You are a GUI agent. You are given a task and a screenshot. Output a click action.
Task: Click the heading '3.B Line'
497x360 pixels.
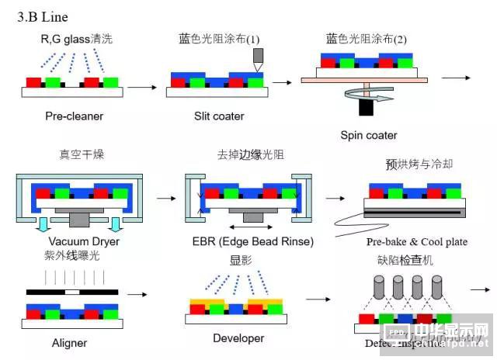pyautogui.click(x=45, y=16)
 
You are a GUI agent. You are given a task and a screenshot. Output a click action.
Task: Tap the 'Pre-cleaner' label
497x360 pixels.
pyautogui.click(x=74, y=116)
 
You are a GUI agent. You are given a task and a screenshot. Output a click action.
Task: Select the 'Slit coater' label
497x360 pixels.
pyautogui.click(x=219, y=116)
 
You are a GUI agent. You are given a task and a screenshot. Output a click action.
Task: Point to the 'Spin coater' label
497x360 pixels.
pyautogui.click(x=369, y=135)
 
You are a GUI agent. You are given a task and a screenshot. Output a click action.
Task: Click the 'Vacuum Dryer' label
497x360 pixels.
pyautogui.click(x=68, y=241)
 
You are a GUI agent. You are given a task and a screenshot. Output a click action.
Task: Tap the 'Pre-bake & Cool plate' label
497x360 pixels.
pyautogui.click(x=417, y=241)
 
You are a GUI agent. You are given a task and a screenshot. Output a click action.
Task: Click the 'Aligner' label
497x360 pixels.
pyautogui.click(x=69, y=342)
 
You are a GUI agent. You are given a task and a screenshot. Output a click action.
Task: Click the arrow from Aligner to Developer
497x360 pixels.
pyautogui.click(x=137, y=295)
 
